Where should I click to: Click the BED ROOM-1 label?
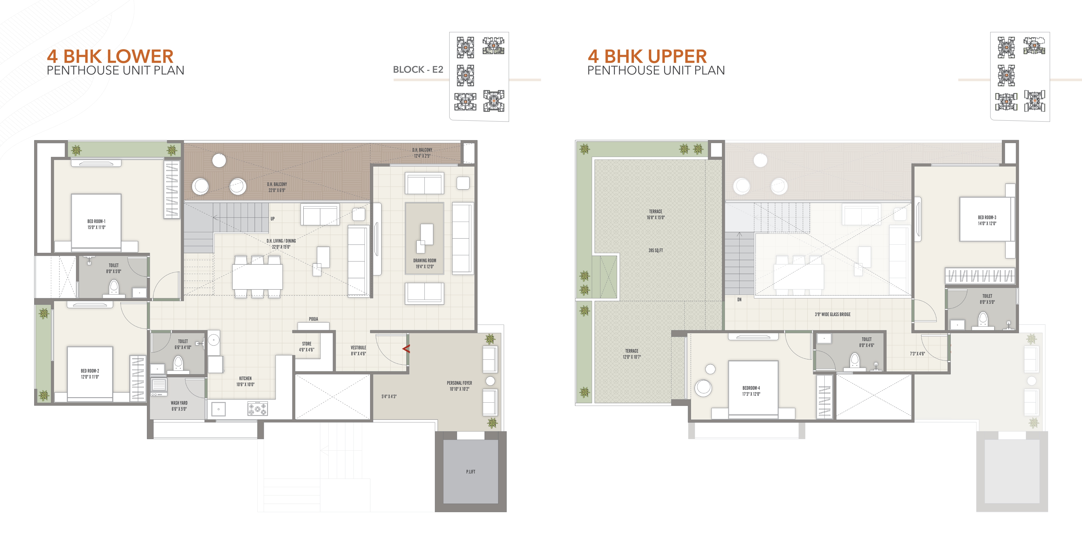96,221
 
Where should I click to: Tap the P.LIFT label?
470,472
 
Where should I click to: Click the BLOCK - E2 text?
418,70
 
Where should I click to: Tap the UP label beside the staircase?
273,219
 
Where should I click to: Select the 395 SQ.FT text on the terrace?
655,250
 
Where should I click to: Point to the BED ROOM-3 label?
987,218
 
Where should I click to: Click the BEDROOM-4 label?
751,388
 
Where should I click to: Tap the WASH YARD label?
179,403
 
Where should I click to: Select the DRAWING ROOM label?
424,261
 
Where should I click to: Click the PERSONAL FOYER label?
459,383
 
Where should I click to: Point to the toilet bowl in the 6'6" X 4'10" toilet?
178,363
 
